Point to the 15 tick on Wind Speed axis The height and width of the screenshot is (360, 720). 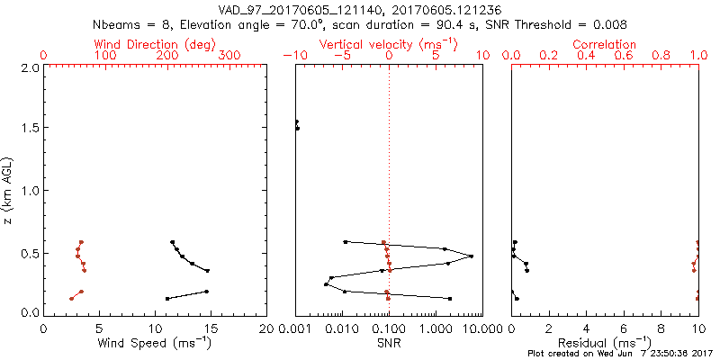(x=211, y=328)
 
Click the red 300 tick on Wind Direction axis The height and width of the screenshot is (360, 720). (x=229, y=56)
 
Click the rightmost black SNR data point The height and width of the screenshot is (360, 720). (x=471, y=256)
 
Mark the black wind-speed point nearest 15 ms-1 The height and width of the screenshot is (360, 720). (x=207, y=271)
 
